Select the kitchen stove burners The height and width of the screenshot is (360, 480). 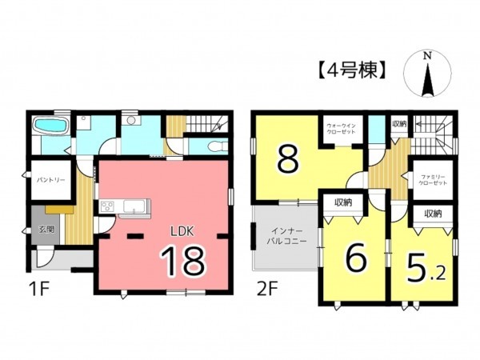107,207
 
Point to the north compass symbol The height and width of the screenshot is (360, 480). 428,74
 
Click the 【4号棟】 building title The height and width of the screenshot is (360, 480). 346,71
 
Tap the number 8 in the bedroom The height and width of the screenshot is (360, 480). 288,158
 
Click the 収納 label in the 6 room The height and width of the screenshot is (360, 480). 345,202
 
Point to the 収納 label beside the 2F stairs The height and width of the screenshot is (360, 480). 399,124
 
